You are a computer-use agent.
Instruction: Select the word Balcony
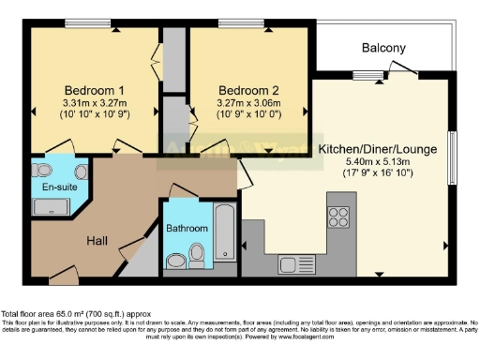384,48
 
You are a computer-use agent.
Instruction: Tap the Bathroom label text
186,228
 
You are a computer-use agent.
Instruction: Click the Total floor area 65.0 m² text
75,313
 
